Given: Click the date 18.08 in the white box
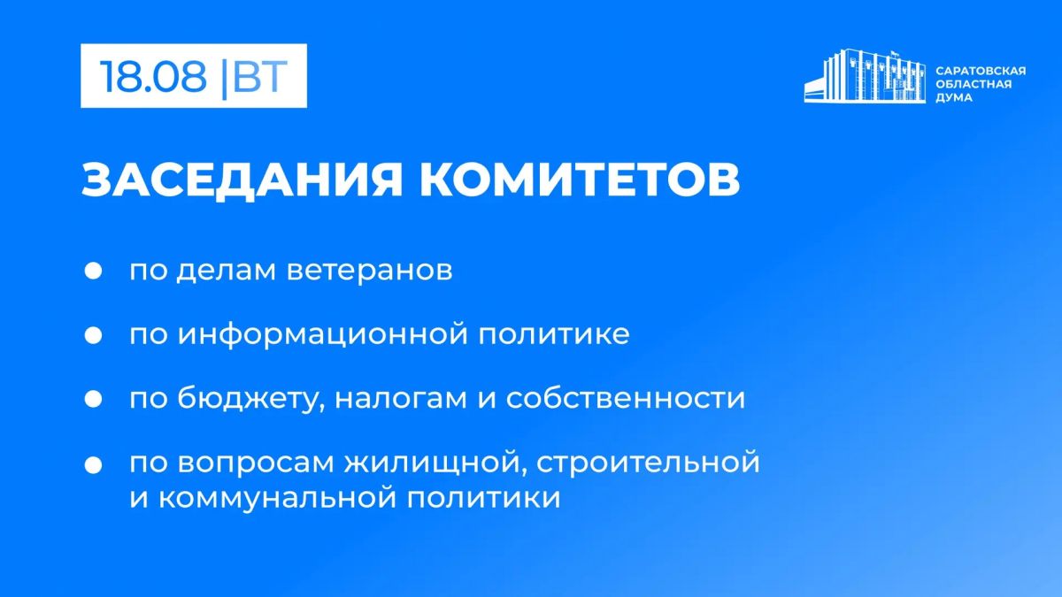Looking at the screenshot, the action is (153, 76).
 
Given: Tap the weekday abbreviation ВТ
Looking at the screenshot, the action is (260, 76).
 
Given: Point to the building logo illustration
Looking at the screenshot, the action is (865, 76).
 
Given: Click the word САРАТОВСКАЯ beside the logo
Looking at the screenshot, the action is (981, 71).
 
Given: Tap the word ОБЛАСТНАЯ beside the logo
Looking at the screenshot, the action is (973, 84).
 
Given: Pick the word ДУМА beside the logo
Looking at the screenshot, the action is (954, 97).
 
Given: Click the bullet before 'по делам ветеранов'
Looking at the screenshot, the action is (93, 271).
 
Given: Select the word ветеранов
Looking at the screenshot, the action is (369, 271).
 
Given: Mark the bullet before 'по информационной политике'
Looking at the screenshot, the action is (93, 335).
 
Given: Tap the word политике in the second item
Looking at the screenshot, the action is (554, 334).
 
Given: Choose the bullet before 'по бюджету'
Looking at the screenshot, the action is (93, 399).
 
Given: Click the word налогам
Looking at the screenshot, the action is (401, 399).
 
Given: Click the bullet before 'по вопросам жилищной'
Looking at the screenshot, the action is (93, 465).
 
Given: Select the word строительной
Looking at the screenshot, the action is (648, 463).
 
